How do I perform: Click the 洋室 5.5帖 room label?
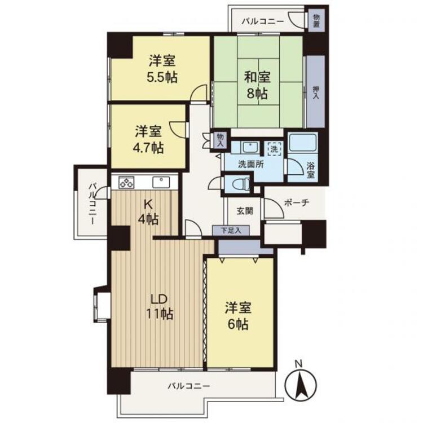coord(162,69)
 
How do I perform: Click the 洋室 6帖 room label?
coord(238,316)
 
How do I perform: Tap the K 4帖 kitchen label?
coord(148,212)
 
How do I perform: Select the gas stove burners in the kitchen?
coord(126,182)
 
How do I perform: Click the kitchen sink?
coord(161,182)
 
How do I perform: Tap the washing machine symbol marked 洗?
coord(274,149)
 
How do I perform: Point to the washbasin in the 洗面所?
coord(250,148)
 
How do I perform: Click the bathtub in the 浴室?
coord(302,143)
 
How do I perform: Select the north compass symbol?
coord(301,383)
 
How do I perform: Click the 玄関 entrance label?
coord(245,211)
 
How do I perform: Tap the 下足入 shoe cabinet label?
coord(231,230)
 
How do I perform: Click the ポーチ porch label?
coord(297,202)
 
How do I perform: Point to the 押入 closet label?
coord(316,92)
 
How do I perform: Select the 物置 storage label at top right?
coord(317,20)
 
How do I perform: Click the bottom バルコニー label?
coord(189,386)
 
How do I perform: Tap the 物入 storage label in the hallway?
coord(221,140)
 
